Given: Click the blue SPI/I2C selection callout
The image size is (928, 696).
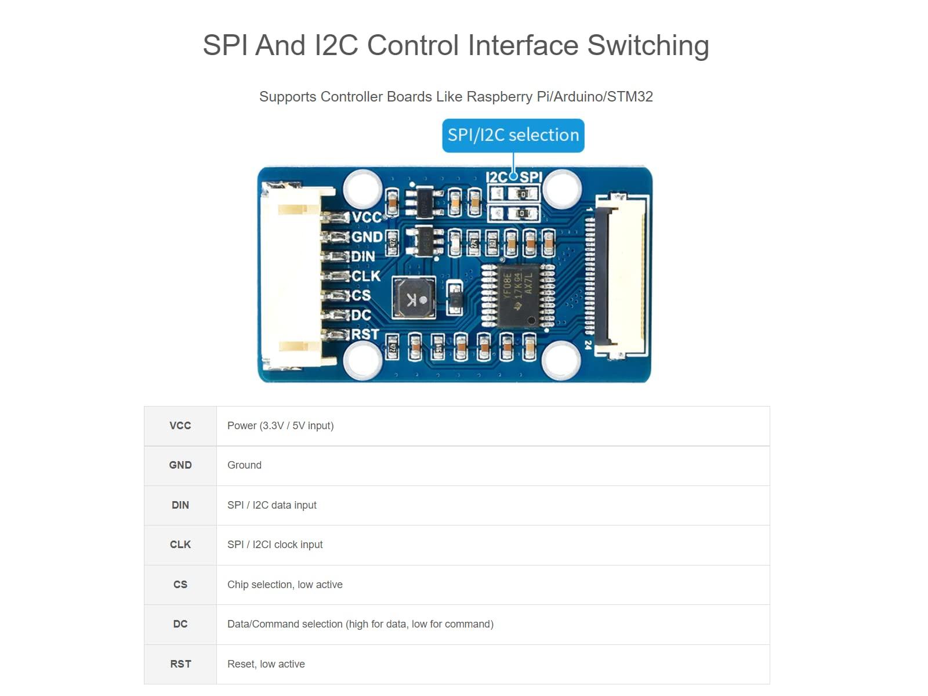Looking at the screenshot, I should pyautogui.click(x=513, y=135).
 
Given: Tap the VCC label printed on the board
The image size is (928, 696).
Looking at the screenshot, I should pyautogui.click(x=367, y=217).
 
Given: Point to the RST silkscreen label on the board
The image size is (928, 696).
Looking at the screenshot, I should pyautogui.click(x=365, y=334).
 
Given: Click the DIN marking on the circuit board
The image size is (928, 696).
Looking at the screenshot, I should pyautogui.click(x=364, y=256).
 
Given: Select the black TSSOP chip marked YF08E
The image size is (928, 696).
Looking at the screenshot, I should pyautogui.click(x=516, y=296).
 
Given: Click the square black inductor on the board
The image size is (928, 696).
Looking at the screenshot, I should pyautogui.click(x=414, y=298).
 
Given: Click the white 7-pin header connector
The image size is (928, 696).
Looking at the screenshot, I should pyautogui.click(x=291, y=275).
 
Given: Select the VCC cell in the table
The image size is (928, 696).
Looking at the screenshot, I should pyautogui.click(x=180, y=426).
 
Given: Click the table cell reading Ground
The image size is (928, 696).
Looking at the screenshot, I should pyautogui.click(x=244, y=465).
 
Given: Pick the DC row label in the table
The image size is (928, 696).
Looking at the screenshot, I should pyautogui.click(x=180, y=624).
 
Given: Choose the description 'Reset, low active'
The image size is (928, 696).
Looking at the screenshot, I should pyautogui.click(x=266, y=664).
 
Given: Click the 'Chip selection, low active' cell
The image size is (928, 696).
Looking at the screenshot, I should pyautogui.click(x=285, y=585).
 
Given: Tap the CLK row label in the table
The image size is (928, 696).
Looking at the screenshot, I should pyautogui.click(x=180, y=545).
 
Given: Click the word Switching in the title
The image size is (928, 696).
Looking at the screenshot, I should pyautogui.click(x=648, y=45).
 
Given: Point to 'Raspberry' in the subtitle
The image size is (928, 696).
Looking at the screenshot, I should pyautogui.click(x=499, y=97).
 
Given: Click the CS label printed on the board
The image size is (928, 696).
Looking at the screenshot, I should pyautogui.click(x=361, y=295).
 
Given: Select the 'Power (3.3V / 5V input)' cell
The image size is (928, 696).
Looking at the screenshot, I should pyautogui.click(x=280, y=426).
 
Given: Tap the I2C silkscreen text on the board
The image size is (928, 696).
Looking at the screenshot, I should pyautogui.click(x=496, y=177).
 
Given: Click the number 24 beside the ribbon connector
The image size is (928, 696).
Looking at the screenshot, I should pyautogui.click(x=588, y=344).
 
